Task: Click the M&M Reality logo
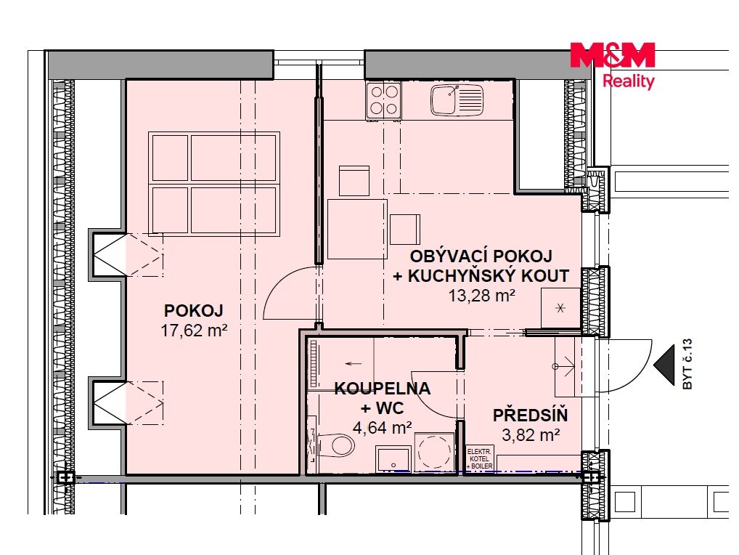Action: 612,66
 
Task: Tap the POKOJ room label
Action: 193,310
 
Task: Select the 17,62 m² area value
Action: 194,330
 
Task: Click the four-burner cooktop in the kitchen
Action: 383,100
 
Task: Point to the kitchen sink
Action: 457,100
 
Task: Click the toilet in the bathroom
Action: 335,445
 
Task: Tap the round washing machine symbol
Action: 435,452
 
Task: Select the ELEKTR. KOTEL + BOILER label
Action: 479,459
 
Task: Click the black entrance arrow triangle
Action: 664,365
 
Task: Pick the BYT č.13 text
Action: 687,364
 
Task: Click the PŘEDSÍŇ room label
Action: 530,415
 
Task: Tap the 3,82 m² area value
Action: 531,434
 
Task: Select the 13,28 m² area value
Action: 481,296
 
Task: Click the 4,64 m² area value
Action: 383,427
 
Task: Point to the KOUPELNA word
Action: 383,388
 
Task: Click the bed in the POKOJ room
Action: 214,184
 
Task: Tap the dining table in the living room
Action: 357,229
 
